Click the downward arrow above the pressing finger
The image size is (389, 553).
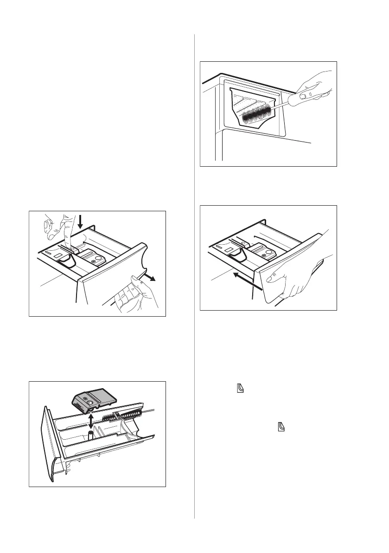(80, 221)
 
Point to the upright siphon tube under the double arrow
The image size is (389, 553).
(90, 435)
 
